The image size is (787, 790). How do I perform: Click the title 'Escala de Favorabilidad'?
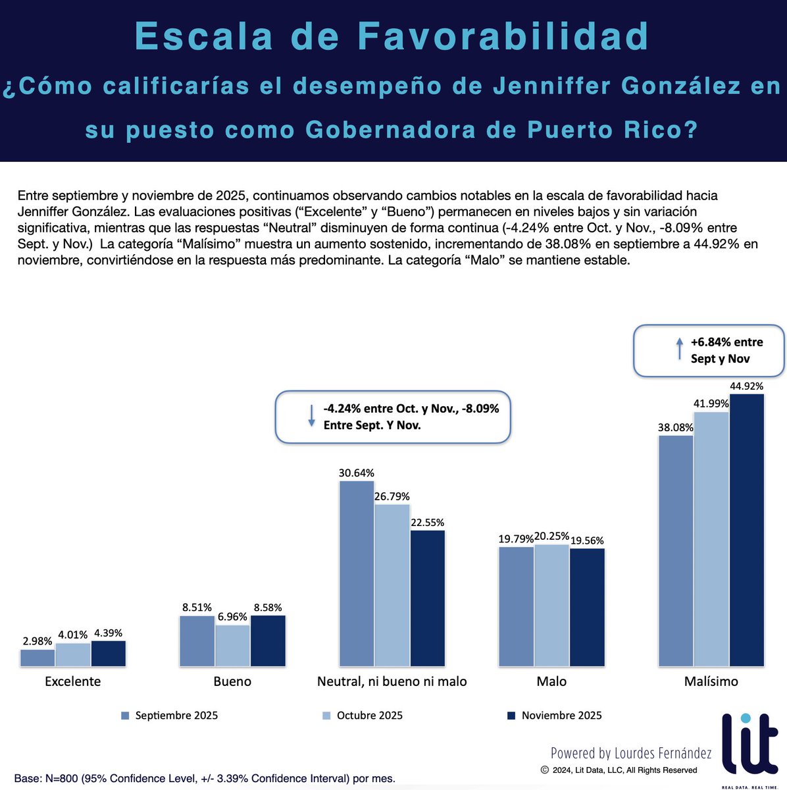392,37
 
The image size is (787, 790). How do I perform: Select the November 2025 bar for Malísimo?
747,530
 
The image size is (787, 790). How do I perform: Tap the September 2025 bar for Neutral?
357,573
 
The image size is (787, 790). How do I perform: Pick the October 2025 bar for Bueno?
232,646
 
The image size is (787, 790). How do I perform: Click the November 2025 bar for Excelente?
109,654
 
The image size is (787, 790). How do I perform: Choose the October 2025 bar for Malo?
551,606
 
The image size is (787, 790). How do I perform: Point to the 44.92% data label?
747,386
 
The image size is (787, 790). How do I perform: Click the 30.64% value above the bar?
357,473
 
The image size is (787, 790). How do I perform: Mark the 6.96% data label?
232,617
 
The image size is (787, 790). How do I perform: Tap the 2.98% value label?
37,641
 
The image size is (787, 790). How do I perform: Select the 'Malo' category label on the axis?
551,681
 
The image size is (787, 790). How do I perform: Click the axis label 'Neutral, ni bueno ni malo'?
392,681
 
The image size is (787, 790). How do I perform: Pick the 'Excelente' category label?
72,681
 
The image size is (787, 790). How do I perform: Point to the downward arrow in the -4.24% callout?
311,416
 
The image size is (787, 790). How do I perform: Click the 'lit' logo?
749,744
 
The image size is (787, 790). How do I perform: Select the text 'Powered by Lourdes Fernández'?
631,753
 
